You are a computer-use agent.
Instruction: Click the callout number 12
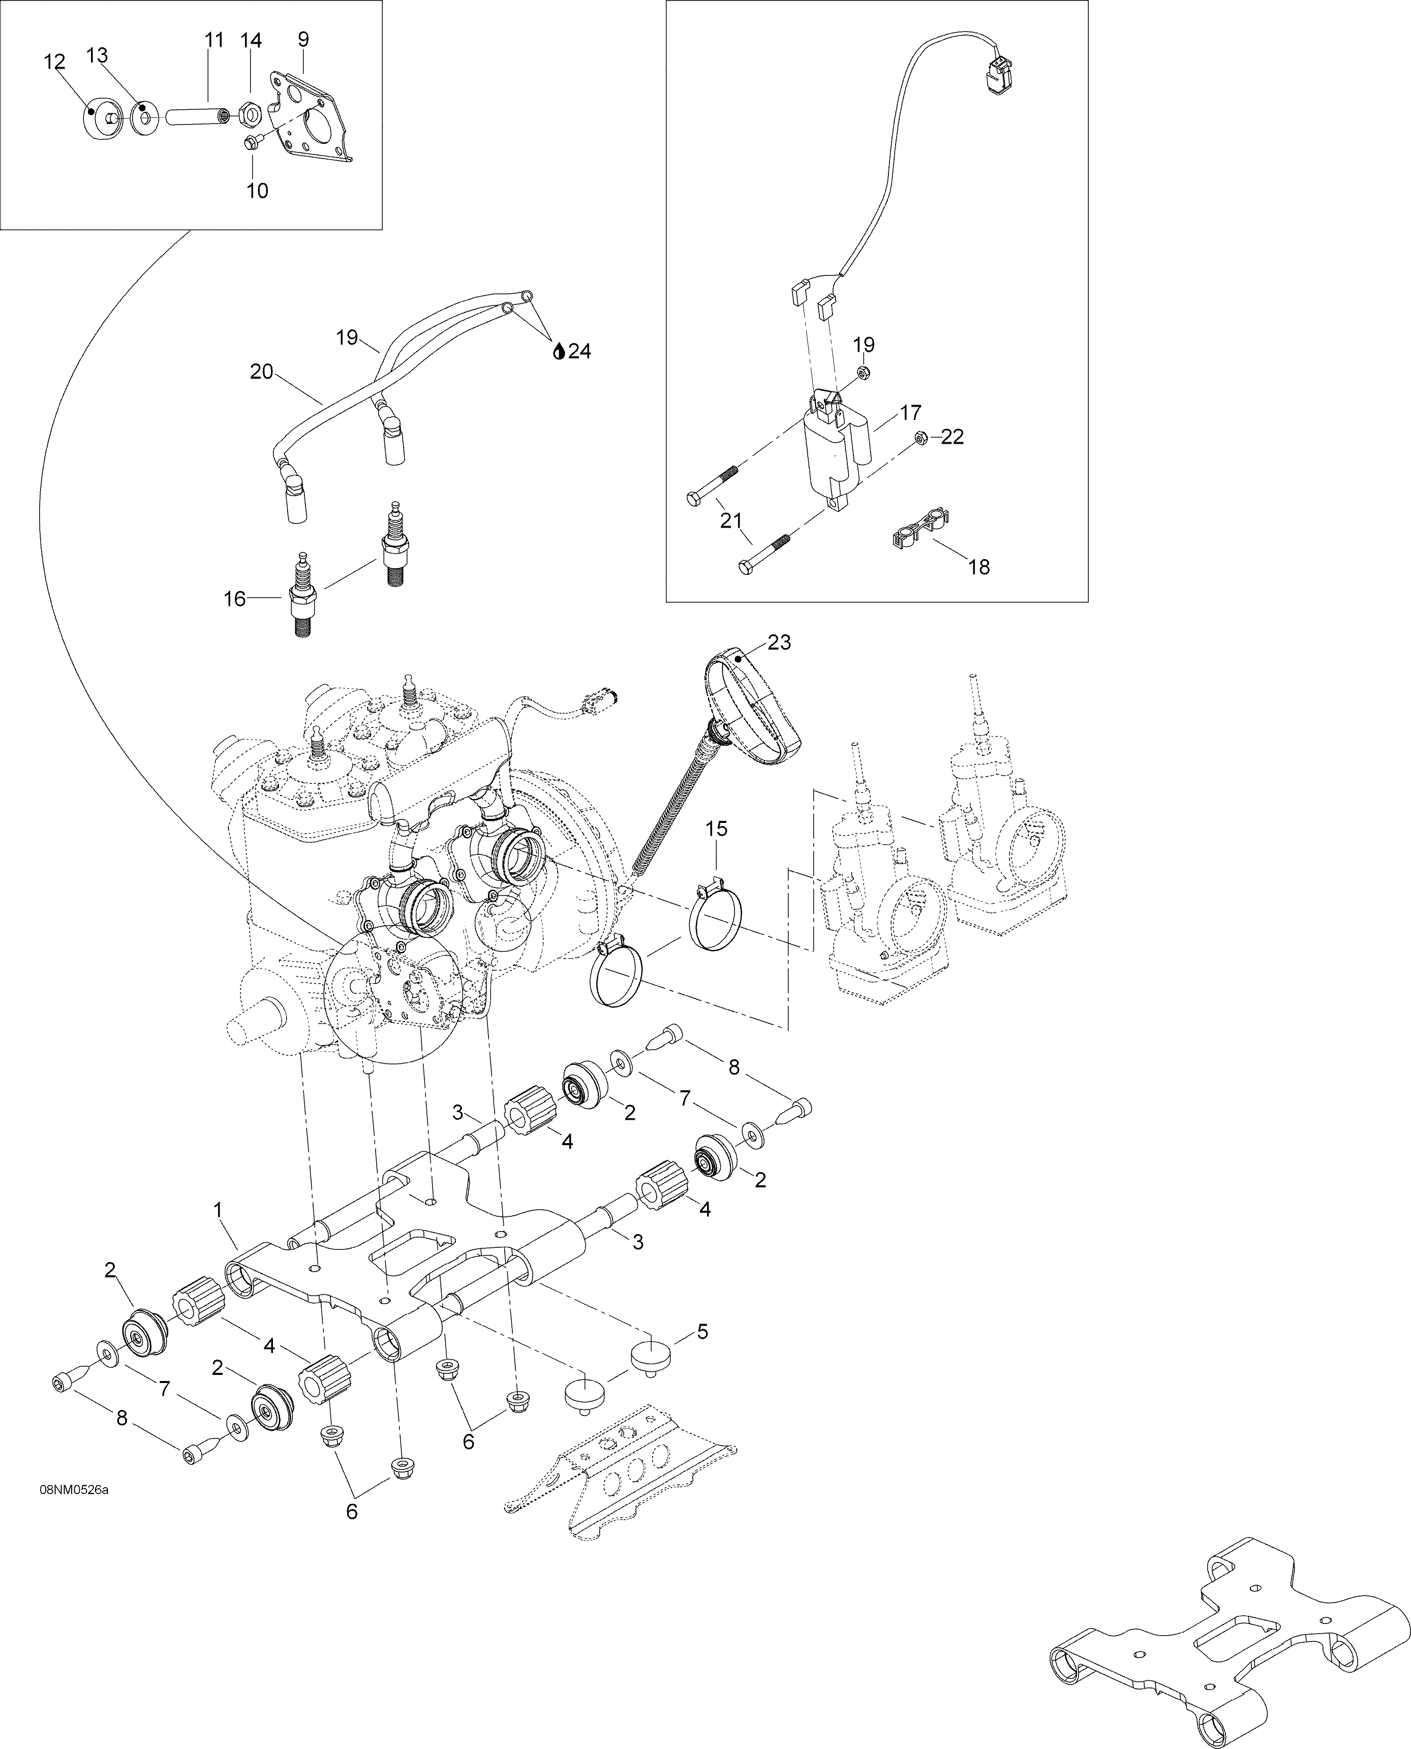pyautogui.click(x=54, y=63)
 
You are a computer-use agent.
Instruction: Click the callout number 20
pyautogui.click(x=262, y=372)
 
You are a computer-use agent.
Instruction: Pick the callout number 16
pyautogui.click(x=235, y=599)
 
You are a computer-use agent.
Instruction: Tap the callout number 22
pyautogui.click(x=952, y=437)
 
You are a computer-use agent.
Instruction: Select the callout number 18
pyautogui.click(x=980, y=567)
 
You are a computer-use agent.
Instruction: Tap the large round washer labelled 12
pyautogui.click(x=100, y=118)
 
